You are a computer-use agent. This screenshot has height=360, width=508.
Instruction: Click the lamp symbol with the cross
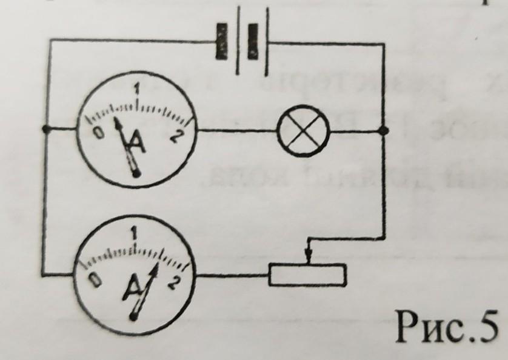point(302,130)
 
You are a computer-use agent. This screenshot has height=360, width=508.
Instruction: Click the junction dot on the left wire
point(45,129)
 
